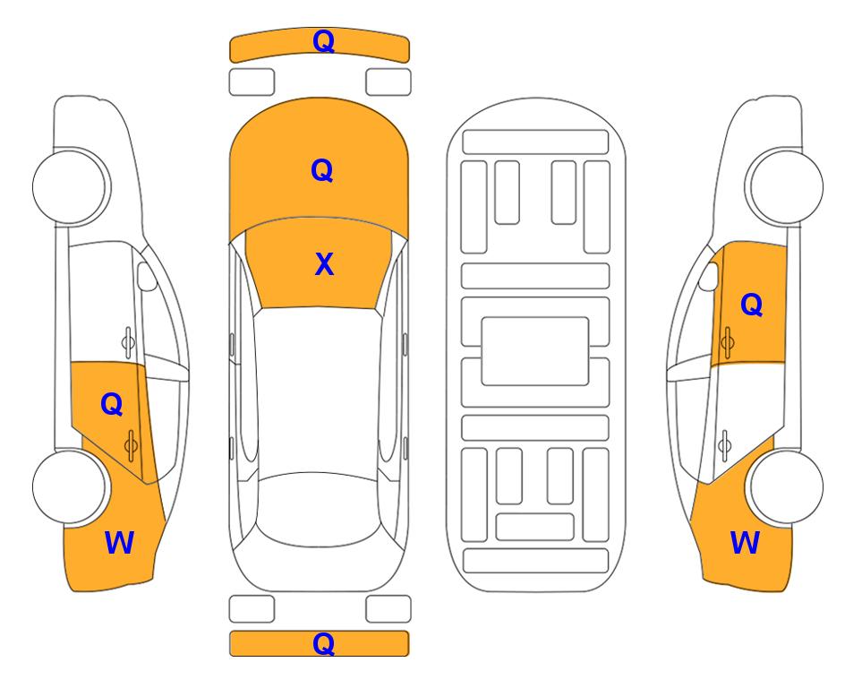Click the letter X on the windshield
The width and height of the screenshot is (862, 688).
coord(324,264)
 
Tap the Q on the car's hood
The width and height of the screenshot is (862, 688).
coord(322,170)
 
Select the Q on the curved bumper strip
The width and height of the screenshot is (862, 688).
coord(323,40)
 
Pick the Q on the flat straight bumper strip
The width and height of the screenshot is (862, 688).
coord(323,643)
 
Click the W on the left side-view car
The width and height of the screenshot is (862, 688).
coord(119,543)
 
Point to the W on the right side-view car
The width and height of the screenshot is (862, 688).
coord(745,543)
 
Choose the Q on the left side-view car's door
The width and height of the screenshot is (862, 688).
coord(112,405)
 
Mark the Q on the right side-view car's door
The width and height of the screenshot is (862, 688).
coord(752,305)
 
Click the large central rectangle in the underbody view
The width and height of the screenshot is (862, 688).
coord(535,351)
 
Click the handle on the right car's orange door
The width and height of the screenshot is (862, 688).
coord(728,342)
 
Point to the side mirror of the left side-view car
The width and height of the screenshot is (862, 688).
coord(146,276)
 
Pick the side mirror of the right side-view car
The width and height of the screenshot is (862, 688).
coord(709,276)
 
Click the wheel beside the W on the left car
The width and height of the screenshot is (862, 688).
coord(70,487)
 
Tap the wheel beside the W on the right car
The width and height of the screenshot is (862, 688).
coord(786,487)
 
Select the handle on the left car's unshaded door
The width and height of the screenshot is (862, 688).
coord(127,342)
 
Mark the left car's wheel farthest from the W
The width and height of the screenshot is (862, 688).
coord(70,187)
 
